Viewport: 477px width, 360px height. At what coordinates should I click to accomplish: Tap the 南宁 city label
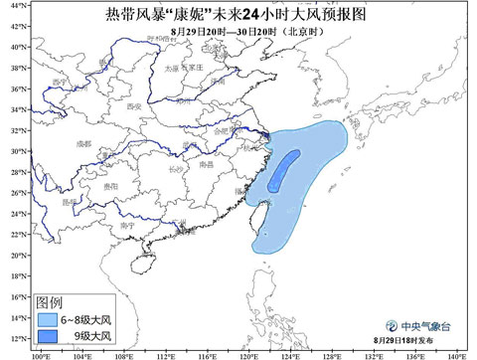coord(126,225)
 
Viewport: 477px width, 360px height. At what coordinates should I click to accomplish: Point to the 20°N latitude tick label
coord(16,254)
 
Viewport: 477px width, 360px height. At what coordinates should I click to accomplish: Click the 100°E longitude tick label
coord(41,353)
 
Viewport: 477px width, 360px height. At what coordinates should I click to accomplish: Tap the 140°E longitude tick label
coord(456,353)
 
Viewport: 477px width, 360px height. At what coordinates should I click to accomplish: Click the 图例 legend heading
coord(49,301)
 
